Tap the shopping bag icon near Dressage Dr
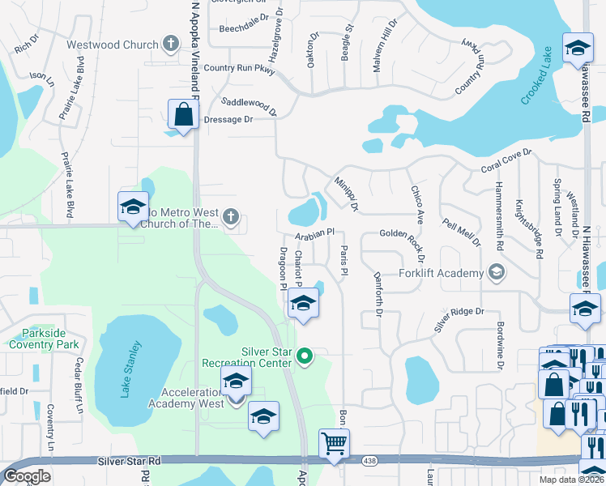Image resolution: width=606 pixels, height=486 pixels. pos(184,116)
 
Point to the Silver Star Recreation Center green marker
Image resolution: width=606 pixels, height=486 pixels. pos(305,355)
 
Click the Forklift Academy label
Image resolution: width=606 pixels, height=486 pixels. pos(441,273)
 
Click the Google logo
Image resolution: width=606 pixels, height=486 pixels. pos(27,476)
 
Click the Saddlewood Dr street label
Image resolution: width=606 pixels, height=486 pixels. pos(250,105)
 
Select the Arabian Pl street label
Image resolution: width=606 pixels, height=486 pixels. pos(315,234)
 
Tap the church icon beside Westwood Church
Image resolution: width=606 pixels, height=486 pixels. pos(170,43)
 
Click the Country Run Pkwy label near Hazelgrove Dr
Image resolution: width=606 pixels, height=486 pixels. pos(240,70)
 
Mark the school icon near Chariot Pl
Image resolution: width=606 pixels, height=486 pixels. pos(303,305)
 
